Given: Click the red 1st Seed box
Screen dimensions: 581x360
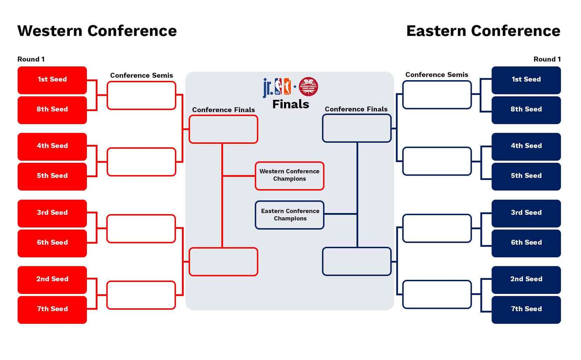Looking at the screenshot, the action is [52, 80].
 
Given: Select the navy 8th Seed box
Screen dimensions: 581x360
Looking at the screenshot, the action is [526, 110].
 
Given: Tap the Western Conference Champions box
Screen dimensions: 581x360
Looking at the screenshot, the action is [289, 176].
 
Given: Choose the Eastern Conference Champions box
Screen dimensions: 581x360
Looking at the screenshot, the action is [289, 215].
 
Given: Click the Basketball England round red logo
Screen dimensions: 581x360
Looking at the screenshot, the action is [308, 87].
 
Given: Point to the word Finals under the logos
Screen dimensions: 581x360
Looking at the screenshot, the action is [290, 104].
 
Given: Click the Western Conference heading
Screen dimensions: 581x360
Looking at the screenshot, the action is [97, 31].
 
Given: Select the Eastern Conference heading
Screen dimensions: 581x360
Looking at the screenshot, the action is [483, 31].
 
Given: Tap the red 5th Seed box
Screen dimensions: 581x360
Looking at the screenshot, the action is [52, 176].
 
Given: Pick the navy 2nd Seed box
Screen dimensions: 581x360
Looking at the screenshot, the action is [526, 280].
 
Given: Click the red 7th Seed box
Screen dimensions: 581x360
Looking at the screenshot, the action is [52, 310].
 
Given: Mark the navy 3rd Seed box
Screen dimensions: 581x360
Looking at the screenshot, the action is [526, 213].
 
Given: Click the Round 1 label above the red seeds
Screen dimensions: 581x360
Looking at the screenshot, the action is [31, 59].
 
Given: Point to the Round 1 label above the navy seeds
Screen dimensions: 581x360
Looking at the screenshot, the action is [547, 59].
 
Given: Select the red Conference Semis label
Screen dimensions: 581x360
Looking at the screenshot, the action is [141, 75].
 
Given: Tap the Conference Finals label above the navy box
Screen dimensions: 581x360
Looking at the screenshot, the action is [356, 109].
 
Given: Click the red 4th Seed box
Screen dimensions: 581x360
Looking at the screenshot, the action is [52, 147].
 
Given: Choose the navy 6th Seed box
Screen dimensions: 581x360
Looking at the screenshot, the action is [526, 244].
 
